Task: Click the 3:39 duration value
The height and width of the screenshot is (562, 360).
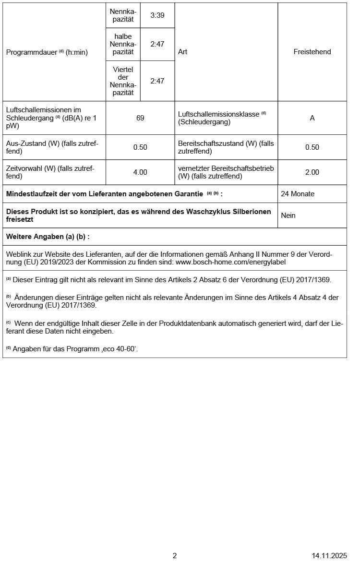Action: [157, 15]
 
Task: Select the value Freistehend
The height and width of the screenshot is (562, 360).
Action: [312, 52]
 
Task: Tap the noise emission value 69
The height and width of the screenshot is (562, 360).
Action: [140, 118]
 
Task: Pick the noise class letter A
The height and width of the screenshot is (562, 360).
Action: [312, 118]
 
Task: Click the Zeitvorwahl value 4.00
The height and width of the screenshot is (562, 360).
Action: [140, 172]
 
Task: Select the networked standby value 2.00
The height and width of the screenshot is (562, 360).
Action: [312, 172]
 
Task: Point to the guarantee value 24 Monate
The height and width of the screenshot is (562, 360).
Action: [298, 194]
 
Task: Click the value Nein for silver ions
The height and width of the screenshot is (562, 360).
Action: [288, 215]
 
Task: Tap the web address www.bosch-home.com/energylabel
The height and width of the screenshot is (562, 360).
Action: [231, 262]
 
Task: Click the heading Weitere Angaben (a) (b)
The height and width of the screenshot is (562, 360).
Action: [48, 237]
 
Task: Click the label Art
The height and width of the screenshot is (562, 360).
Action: [182, 52]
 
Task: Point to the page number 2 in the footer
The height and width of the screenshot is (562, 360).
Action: [175, 556]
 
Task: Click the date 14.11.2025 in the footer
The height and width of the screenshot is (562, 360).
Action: [329, 556]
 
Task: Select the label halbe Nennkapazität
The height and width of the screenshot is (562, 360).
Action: [123, 44]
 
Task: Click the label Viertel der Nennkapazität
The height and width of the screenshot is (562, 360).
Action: [123, 81]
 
